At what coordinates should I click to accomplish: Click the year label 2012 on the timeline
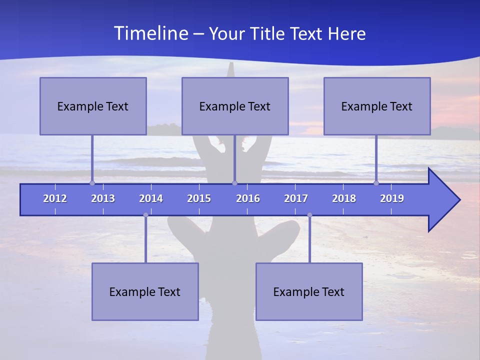coord(55,198)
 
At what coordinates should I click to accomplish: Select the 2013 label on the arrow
coord(103,198)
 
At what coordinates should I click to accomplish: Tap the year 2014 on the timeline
coord(151,198)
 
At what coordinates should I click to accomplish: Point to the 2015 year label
coord(199,198)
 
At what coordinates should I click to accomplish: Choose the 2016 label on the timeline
coord(248,198)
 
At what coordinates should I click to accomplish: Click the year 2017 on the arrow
coord(296,198)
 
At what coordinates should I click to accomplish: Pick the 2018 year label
coord(344,198)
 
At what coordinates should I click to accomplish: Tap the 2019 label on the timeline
coord(392,198)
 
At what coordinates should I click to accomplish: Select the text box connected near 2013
coord(93,106)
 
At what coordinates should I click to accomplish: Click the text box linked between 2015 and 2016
coord(235,106)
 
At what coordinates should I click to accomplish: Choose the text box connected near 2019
coord(377,106)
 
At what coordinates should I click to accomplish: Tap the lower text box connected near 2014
coord(145,291)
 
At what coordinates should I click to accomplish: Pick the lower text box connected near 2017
coord(309,291)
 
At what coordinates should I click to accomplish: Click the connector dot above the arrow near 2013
coord(92,183)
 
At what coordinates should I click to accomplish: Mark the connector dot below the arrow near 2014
coord(145,215)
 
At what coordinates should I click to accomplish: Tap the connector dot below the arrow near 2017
coord(309,215)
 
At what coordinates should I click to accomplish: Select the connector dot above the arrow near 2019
coord(376,183)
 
